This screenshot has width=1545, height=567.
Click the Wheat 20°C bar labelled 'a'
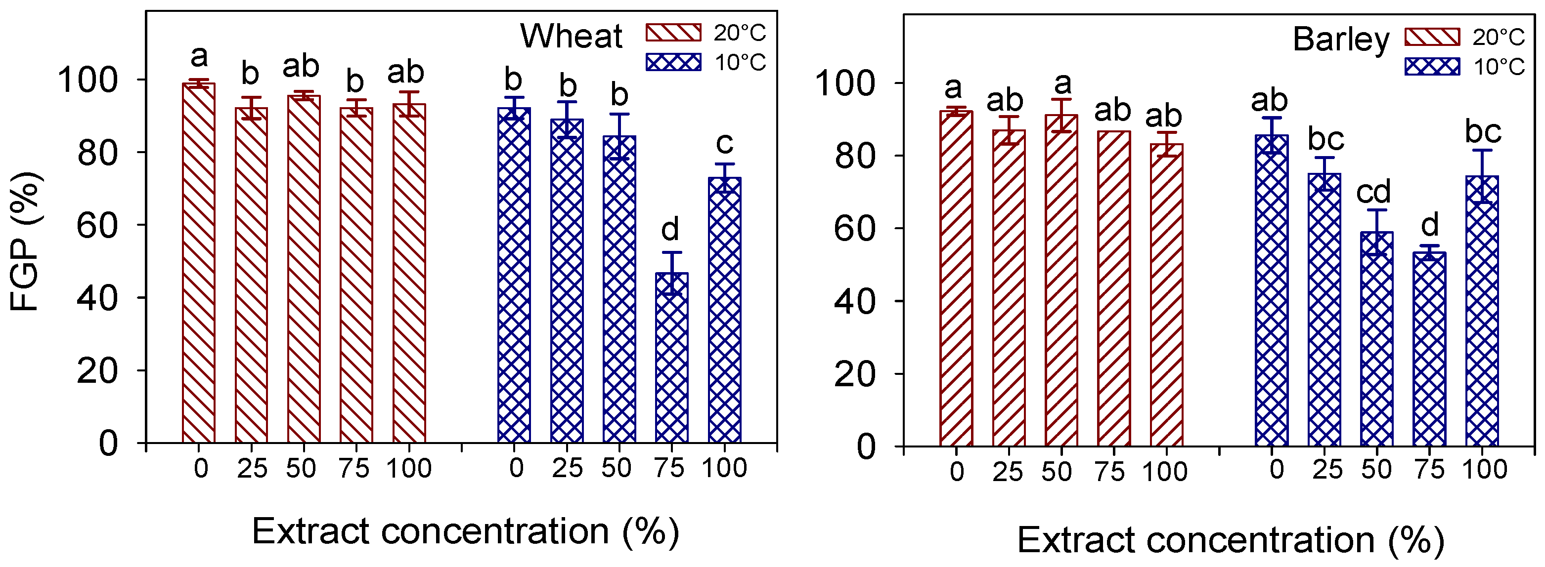pyautogui.click(x=199, y=264)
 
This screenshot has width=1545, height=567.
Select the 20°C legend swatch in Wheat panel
pyautogui.click(x=673, y=33)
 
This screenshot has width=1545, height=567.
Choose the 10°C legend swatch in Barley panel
pyautogui.click(x=1432, y=67)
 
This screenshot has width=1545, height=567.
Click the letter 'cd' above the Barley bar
pyautogui.click(x=1373, y=192)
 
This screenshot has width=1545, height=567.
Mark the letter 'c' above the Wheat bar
pyautogui.click(x=724, y=143)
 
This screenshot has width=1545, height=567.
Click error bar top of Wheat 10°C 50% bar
pyautogui.click(x=619, y=114)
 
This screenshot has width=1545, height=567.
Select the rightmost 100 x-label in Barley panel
pyautogui.click(x=1484, y=469)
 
